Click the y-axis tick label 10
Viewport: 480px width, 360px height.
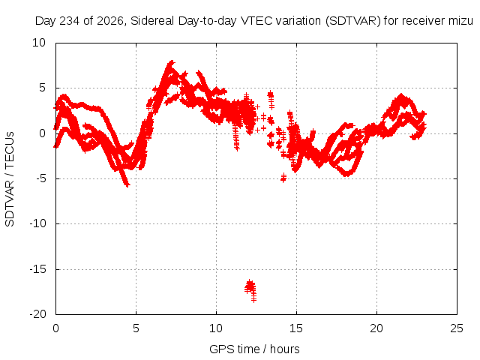(x=39, y=43)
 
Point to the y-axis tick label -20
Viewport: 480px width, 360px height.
(x=37, y=314)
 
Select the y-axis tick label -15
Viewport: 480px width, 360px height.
(x=37, y=269)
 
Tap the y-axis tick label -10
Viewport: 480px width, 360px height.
(x=37, y=223)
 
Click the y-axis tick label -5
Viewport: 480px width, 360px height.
(x=40, y=178)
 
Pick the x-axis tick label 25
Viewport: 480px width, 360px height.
(x=457, y=328)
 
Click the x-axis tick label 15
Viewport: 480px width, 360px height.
(x=296, y=328)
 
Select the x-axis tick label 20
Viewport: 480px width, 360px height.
(x=376, y=328)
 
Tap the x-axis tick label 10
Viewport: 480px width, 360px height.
(x=216, y=328)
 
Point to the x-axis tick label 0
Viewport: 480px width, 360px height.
(x=55, y=328)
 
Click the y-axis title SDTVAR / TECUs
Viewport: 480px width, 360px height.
(x=10, y=179)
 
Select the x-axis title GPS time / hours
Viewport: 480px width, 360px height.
(x=254, y=349)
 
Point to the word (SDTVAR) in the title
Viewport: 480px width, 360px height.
(x=353, y=21)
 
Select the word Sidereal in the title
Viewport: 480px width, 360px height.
(x=152, y=21)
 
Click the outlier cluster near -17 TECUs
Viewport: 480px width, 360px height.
(x=250, y=290)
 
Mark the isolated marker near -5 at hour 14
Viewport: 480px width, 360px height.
(x=283, y=178)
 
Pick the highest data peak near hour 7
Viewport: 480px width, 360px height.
(x=171, y=63)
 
